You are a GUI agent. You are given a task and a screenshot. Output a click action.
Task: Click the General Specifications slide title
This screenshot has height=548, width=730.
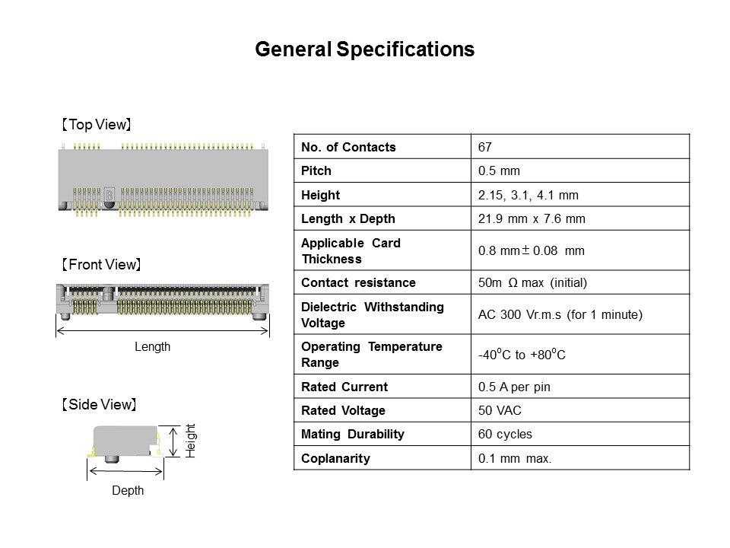pos(364,49)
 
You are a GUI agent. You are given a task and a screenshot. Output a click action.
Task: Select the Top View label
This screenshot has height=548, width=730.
pos(97,124)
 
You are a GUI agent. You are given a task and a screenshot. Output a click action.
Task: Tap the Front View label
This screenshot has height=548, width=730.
pos(101,264)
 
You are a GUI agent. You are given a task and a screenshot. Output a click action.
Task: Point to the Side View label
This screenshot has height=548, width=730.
pos(99,404)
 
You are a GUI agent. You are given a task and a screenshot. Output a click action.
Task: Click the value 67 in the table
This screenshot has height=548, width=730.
pos(484,147)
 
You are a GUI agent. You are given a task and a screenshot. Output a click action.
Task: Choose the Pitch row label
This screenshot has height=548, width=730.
pos(316,170)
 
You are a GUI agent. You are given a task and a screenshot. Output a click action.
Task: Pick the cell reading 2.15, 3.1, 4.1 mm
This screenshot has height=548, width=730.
pos(528,195)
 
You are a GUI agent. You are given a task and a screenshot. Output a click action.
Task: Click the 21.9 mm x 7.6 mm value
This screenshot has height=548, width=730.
pos(532,218)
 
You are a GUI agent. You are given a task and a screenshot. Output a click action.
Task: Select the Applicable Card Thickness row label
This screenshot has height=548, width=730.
pos(351,250)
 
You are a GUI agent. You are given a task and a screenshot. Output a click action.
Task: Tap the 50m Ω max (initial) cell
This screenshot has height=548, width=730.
pos(532,282)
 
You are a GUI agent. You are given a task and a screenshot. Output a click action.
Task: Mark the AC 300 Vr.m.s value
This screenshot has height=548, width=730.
pos(519,314)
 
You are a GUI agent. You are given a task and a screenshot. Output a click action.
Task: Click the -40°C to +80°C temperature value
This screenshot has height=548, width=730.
pos(522,354)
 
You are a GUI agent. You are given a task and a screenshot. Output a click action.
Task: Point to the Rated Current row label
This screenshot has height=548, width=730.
pos(344,387)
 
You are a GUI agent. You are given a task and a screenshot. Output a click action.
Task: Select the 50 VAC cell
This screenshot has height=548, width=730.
pos(500,410)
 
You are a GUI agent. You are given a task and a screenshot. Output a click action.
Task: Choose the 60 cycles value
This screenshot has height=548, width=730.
pos(505,435)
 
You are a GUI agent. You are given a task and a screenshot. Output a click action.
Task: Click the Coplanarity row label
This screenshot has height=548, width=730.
pos(335,458)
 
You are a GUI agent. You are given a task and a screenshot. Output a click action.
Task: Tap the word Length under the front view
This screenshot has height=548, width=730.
pos(152,347)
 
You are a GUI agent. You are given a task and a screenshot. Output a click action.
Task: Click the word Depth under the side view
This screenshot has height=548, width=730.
pos(128,490)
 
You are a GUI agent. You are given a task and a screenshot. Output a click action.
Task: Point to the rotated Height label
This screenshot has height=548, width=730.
pos(191,441)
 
